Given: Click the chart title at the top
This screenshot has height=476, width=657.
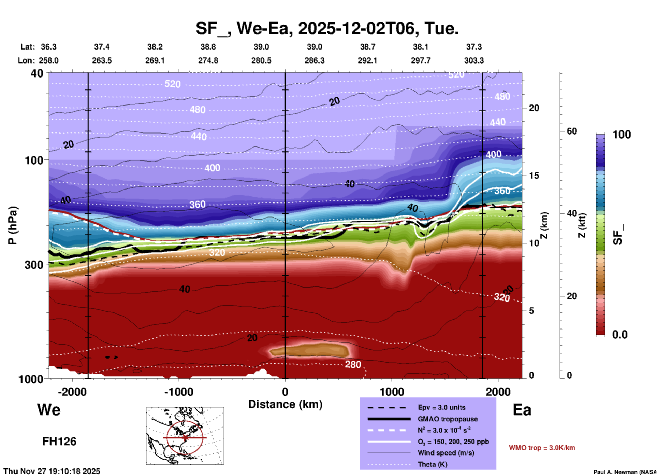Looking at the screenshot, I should tap(327, 28).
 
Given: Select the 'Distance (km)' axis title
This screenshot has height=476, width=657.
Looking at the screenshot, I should tap(285, 404).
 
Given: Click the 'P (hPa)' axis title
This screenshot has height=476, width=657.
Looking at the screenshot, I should tap(12, 225).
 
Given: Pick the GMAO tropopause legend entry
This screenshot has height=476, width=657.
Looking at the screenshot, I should tap(447, 419).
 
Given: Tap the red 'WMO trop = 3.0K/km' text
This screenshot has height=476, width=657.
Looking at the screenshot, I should tap(542, 448).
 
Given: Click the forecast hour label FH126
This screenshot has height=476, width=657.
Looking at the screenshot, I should tap(59, 442).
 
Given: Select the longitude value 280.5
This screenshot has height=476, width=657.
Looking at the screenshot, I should tap(261, 60).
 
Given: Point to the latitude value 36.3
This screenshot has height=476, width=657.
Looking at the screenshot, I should tap(49, 47).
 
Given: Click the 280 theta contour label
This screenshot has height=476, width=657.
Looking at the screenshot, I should tap(353, 365).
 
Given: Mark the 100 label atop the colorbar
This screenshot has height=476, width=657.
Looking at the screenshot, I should tap(622, 135).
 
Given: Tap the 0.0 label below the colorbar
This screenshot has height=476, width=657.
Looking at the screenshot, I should tap(620, 334).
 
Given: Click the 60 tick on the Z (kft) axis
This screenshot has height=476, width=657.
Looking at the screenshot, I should tap(572, 131).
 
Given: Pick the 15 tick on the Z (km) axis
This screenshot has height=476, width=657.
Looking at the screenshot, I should tap(534, 176).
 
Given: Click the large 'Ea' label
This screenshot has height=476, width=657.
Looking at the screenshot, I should tap(522, 410).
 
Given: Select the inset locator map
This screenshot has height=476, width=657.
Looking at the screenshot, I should tap(185, 436).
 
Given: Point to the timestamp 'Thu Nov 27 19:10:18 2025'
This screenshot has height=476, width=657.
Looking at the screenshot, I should tap(52, 471).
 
